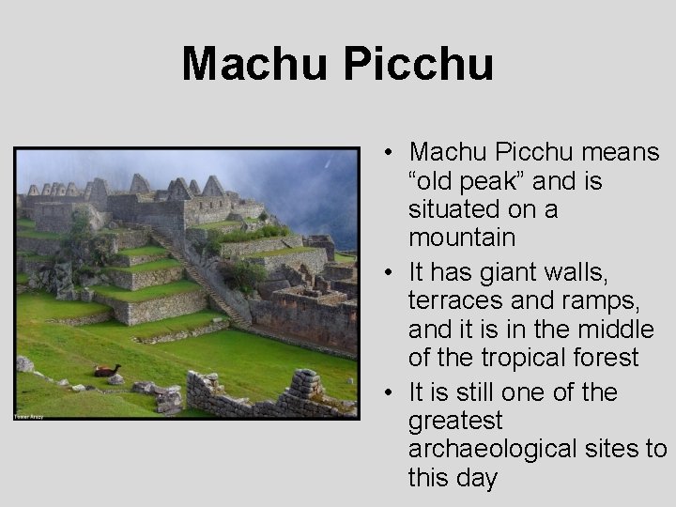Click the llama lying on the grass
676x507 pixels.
coord(106,370)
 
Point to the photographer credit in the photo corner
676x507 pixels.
coord(29,414)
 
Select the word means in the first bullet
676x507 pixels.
coord(622,152)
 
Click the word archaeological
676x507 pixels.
coord(492,449)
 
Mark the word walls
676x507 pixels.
coord(583,272)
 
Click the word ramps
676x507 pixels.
coord(598,300)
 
